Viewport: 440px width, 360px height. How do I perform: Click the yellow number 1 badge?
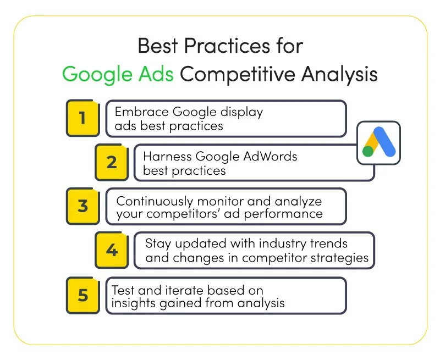pyautogui.click(x=82, y=118)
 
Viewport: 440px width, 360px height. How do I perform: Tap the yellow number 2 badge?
pyautogui.click(x=111, y=162)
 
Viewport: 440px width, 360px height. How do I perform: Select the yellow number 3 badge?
pyautogui.click(x=82, y=206)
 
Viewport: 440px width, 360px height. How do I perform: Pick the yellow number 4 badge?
pyautogui.click(x=111, y=250)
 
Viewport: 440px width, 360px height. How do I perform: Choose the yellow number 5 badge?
pyautogui.click(x=82, y=295)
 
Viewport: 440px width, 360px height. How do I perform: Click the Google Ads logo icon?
pyautogui.click(x=379, y=142)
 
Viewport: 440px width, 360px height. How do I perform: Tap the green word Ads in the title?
pyautogui.click(x=156, y=74)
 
